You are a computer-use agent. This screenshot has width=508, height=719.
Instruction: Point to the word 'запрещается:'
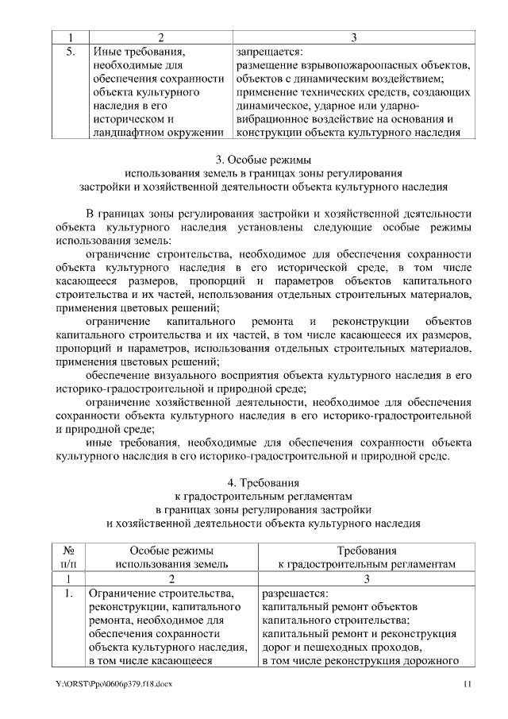(268, 51)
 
